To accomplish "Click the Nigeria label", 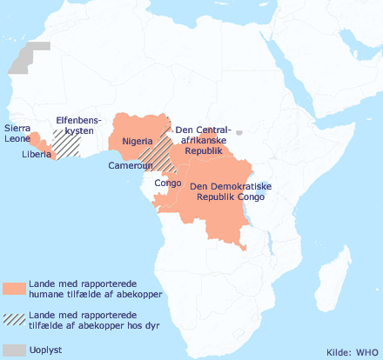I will [138, 141].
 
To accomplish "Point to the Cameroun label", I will [132, 165].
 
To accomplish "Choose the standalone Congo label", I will [167, 183].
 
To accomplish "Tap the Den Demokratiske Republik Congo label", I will [232, 191].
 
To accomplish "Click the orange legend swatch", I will [14, 290].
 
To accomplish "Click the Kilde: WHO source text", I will [352, 352].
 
